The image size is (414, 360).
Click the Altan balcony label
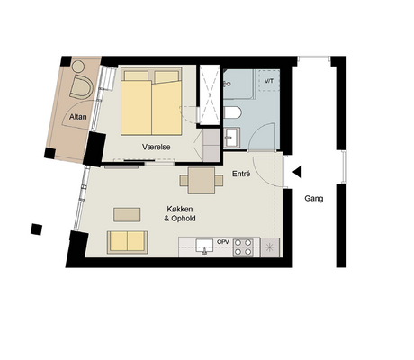coord(78,117)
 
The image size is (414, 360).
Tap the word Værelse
coord(157,147)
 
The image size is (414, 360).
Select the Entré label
coord(241,174)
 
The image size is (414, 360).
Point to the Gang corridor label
coord(314,199)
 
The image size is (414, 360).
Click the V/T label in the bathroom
coord(269,81)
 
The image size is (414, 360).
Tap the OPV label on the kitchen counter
coord(223,241)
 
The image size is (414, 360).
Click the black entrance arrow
coord(297,172)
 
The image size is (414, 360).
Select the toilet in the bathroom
coord(232,113)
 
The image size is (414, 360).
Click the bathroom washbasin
coord(232,138)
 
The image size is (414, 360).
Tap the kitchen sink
coord(204,246)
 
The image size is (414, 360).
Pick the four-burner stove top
coord(243,247)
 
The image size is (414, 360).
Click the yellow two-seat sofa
coord(127,242)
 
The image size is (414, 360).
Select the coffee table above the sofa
coord(127,215)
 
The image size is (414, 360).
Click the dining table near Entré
coord(202,181)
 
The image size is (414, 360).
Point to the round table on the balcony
coord(78,67)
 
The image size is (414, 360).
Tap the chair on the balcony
coord(81,87)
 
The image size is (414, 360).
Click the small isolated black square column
coord(36,229)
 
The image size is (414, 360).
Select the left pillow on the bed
coord(137,76)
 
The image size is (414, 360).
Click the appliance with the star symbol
coord(270,247)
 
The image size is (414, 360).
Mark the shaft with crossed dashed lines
coord(210,94)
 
